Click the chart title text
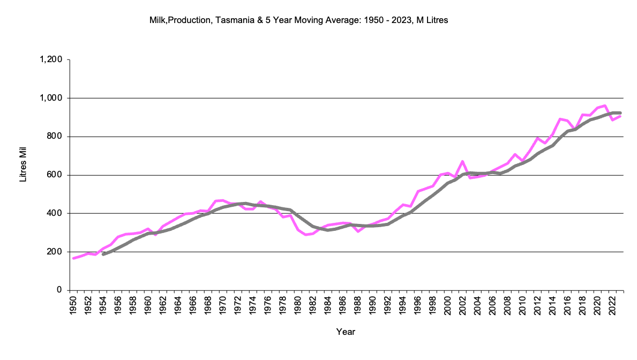[x=298, y=20]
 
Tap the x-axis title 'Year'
[x=346, y=332]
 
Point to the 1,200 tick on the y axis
[x=51, y=59]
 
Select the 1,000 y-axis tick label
[x=51, y=98]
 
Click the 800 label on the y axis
[x=56, y=137]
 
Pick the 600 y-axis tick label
[x=56, y=175]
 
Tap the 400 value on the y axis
[x=56, y=213]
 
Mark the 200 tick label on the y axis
[x=56, y=252]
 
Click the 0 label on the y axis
[x=61, y=290]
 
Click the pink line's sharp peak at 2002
[x=462, y=161]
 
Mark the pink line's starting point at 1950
[x=73, y=258]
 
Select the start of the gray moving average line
[x=103, y=254]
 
